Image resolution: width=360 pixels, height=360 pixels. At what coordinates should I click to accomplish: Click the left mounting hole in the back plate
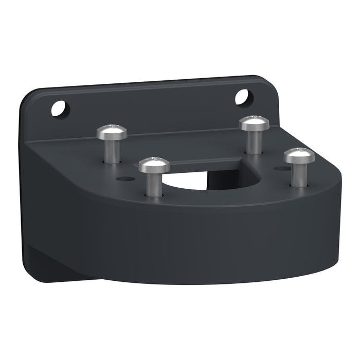[60, 108]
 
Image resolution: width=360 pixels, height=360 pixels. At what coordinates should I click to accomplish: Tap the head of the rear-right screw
[254, 123]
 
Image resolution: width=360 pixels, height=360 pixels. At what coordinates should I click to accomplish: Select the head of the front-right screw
[299, 154]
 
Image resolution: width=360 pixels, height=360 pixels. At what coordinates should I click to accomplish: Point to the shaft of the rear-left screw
[112, 150]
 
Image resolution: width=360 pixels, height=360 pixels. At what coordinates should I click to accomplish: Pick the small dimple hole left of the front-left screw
[123, 178]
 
